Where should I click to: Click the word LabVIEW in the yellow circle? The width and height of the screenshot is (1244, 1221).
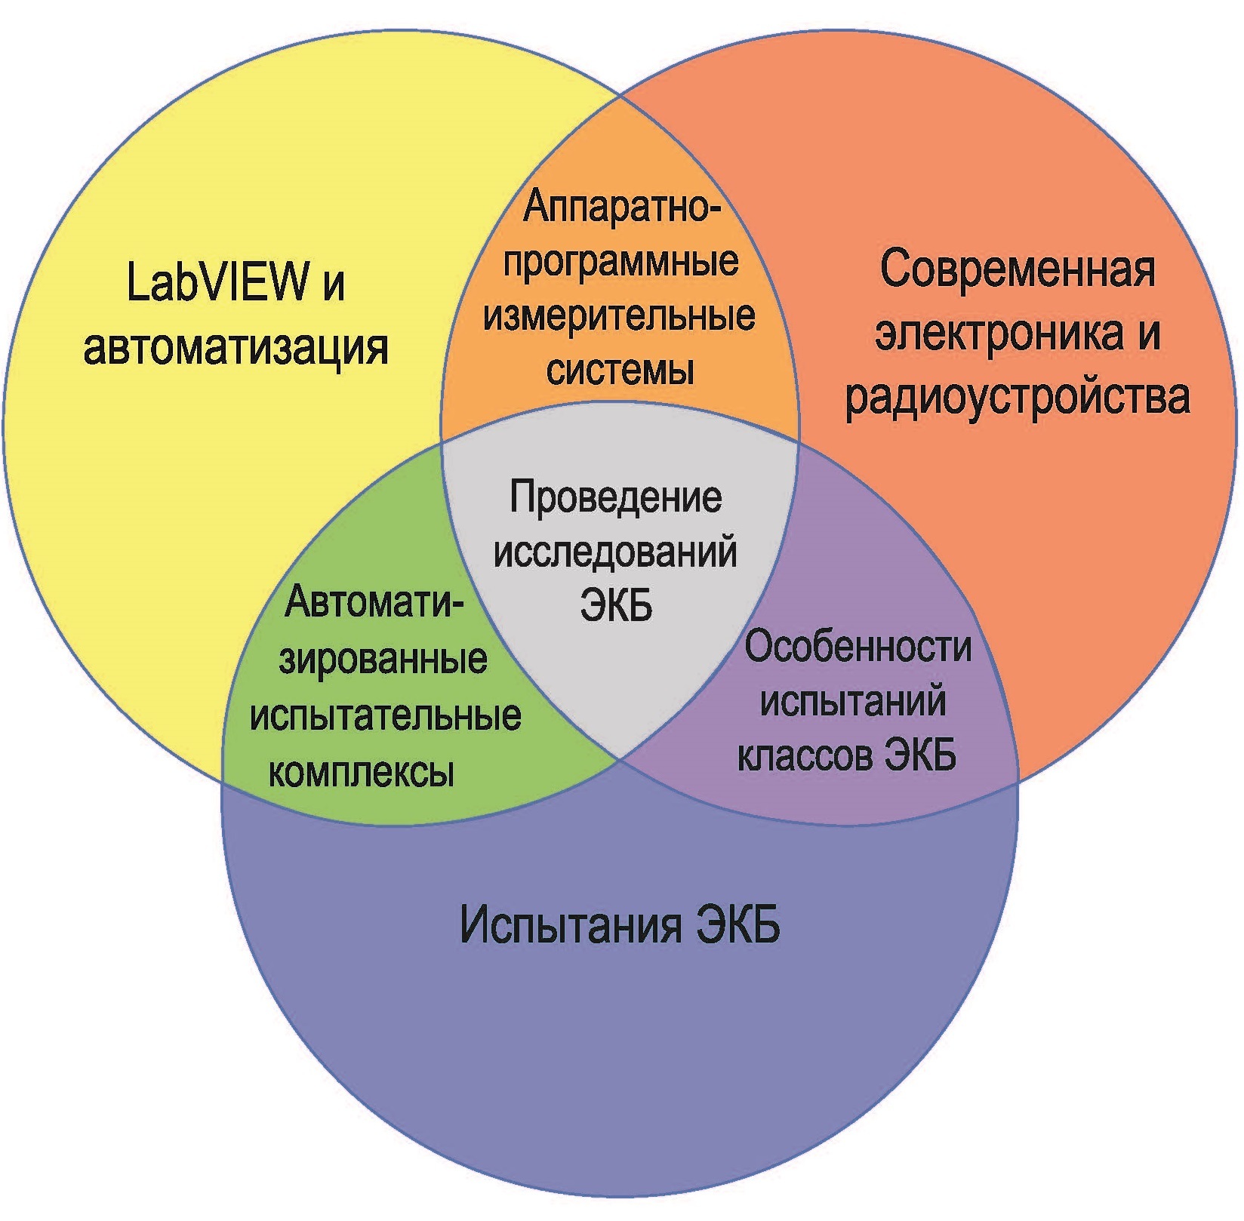coord(217,281)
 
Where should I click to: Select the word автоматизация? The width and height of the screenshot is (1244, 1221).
coord(236,348)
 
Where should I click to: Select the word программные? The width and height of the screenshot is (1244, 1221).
coord(620,262)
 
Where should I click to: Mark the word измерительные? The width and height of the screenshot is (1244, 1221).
coord(619,316)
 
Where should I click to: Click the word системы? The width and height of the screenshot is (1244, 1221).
coord(620,371)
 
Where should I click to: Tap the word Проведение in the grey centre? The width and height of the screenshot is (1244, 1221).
coord(616,498)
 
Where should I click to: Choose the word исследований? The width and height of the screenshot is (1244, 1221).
coord(615,553)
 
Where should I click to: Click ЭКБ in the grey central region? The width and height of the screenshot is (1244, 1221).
coord(616,605)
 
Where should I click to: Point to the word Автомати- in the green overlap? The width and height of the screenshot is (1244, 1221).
coord(374,603)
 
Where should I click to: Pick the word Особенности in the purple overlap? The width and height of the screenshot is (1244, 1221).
coord(858,647)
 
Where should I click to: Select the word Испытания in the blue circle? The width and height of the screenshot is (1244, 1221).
coord(570,925)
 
